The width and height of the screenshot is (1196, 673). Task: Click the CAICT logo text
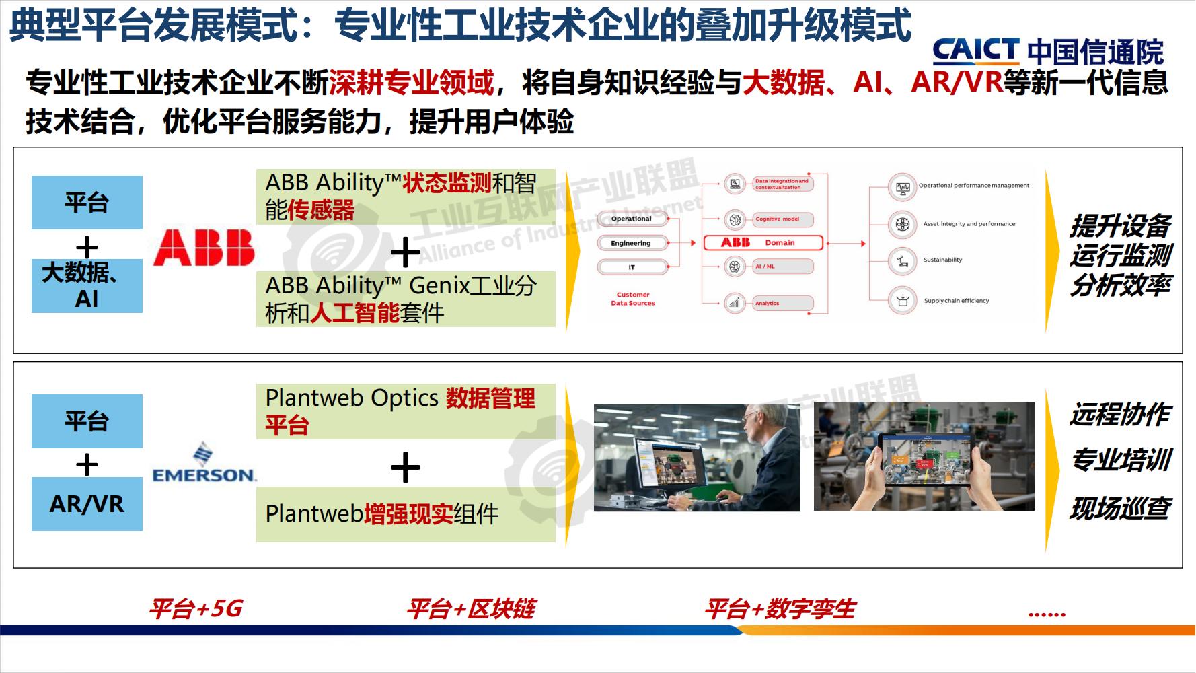pos(975,51)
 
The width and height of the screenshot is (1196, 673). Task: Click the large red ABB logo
pos(204,247)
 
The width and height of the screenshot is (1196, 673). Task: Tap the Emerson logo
pos(204,464)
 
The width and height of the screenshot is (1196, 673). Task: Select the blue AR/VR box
pos(87,504)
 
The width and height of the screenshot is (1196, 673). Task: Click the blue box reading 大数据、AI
pos(87,285)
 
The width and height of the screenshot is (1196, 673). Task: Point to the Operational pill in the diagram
pos(631,219)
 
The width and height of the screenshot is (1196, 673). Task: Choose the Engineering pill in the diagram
pos(631,243)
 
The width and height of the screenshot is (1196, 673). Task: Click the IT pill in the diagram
pos(631,267)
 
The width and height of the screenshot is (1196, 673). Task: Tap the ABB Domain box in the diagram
pos(763,242)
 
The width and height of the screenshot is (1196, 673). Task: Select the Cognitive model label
pos(778,219)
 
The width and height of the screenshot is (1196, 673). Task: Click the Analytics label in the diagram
pos(768,304)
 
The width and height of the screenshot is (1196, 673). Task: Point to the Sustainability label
pos(942,260)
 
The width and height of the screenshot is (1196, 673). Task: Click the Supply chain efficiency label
pos(956,301)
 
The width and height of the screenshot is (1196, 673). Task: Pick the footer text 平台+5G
pos(196,609)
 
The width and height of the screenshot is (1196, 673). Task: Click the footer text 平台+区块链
pos(471,609)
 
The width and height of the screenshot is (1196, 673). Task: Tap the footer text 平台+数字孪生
pos(780,609)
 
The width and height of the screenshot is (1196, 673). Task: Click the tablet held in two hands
pos(926,460)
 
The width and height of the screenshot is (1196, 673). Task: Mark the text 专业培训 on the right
pos(1121,460)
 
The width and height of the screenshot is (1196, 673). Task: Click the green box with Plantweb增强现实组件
pos(406,514)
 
